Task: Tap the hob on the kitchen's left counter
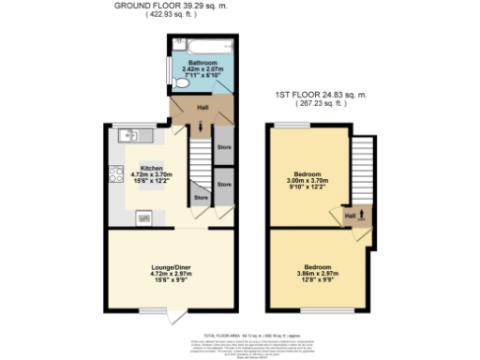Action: (116, 174)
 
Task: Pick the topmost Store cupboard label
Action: (223, 147)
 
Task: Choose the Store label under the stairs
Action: (201, 198)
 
